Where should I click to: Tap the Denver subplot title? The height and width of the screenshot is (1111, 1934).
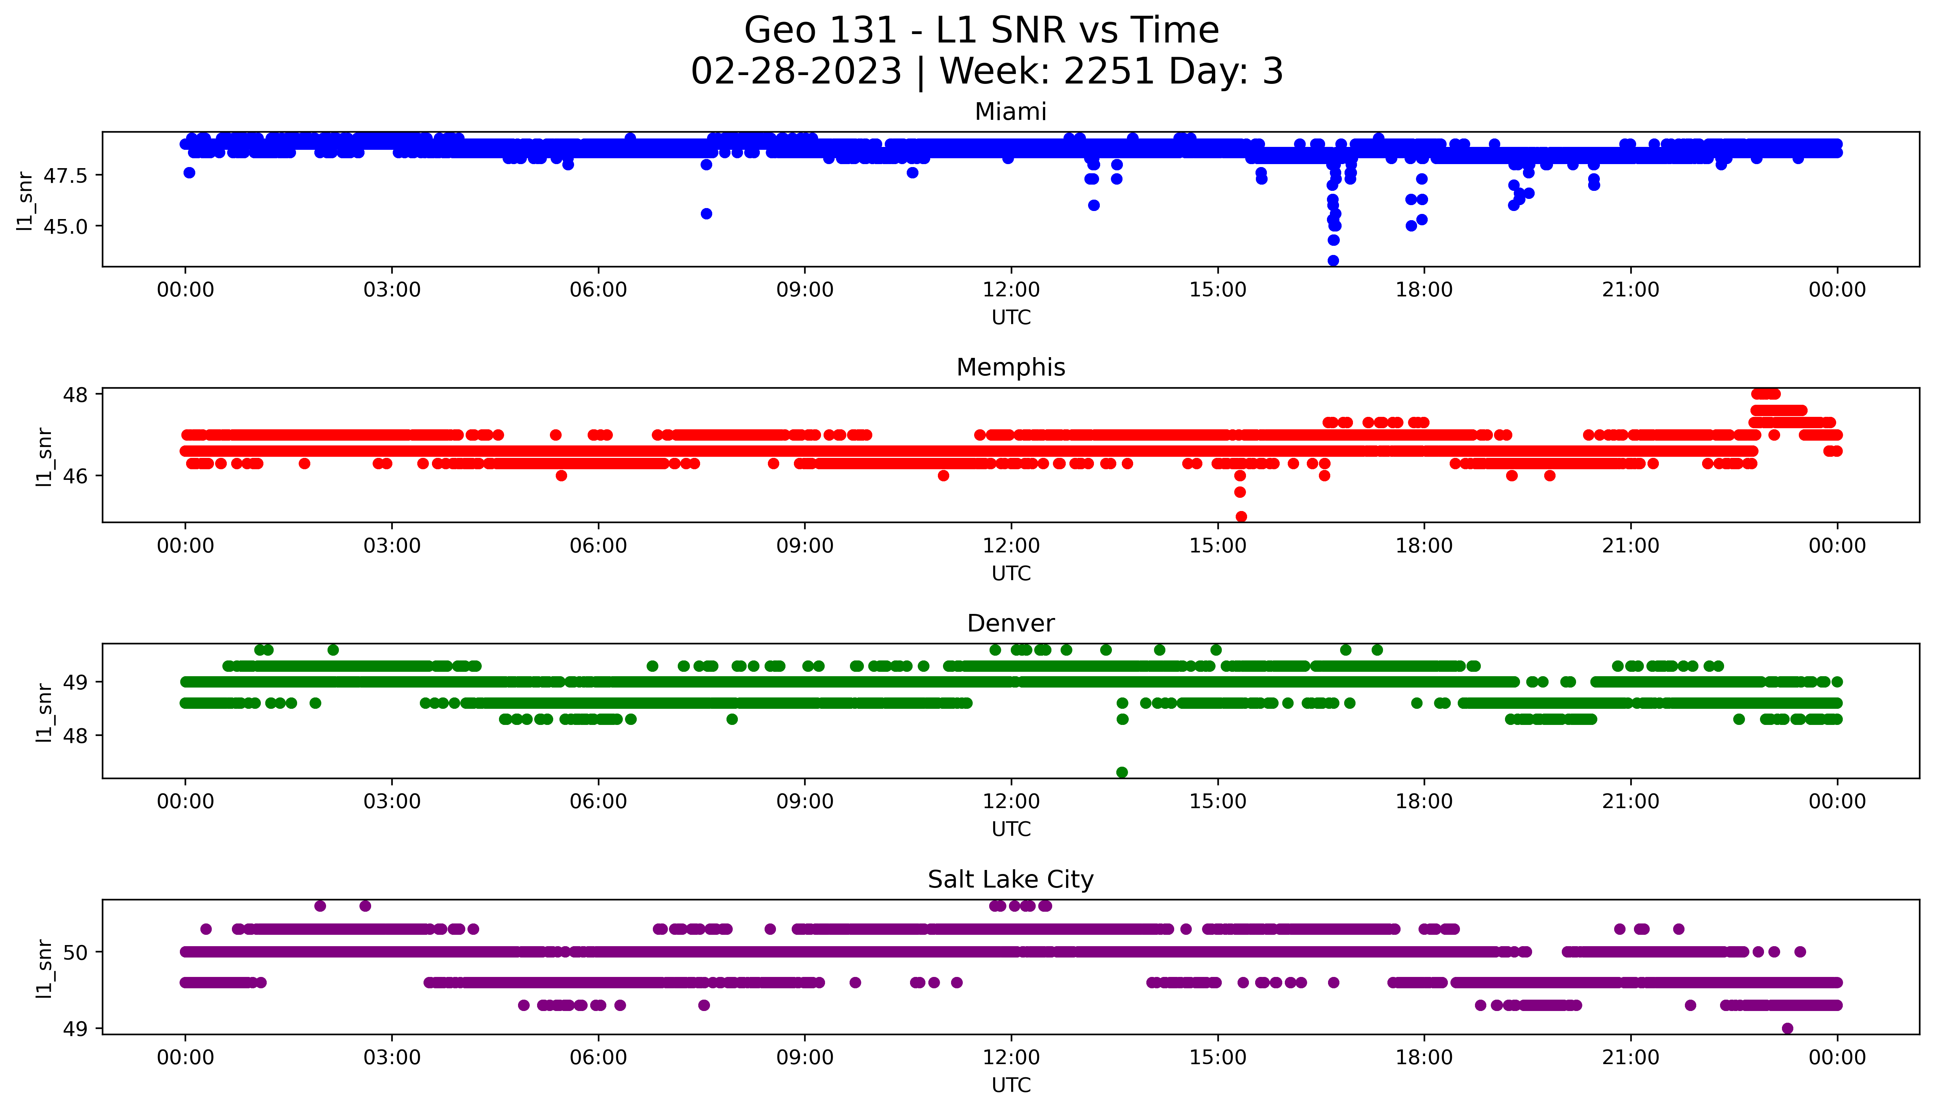pyautogui.click(x=1010, y=623)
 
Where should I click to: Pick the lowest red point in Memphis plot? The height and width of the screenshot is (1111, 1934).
pyautogui.click(x=1240, y=516)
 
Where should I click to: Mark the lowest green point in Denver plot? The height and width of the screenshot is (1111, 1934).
pyautogui.click(x=1121, y=772)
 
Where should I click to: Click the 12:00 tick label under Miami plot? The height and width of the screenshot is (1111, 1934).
pyautogui.click(x=1011, y=290)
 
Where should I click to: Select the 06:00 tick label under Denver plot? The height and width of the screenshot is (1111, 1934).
pyautogui.click(x=598, y=802)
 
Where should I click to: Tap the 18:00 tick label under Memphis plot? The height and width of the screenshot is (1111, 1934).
pyautogui.click(x=1424, y=545)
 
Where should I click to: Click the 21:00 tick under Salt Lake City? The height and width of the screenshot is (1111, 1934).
pyautogui.click(x=1630, y=1058)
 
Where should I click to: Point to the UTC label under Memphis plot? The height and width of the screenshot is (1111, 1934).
pyautogui.click(x=1011, y=573)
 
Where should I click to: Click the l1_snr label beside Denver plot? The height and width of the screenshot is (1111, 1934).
pyautogui.click(x=44, y=712)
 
